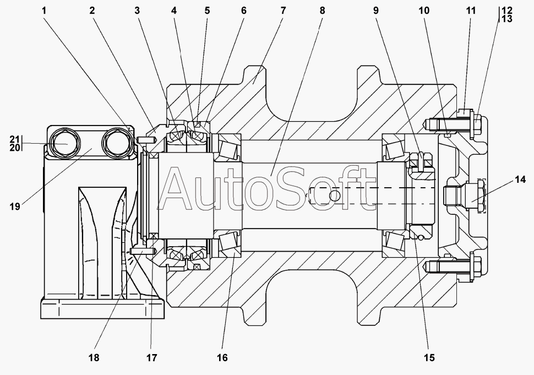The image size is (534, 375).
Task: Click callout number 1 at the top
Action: pos(43,10)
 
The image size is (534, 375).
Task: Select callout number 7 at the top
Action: pos(283,10)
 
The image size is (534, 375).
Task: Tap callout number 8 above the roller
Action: pos(322,10)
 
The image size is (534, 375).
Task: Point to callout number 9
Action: pos(375,10)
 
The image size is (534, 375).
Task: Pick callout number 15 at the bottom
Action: pos(429,357)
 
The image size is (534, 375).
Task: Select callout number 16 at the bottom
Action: pos(222,357)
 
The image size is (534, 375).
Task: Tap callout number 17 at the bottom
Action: pos(152,357)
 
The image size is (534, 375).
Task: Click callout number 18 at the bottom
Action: pos(94,357)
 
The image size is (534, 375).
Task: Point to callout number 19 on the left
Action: pos(15,206)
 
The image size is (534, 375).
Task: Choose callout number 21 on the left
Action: pos(15,139)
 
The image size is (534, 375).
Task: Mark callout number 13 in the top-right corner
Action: pos(507,19)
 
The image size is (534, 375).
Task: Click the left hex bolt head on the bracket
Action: pos(65,143)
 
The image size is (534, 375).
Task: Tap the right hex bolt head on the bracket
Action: pos(117,143)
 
